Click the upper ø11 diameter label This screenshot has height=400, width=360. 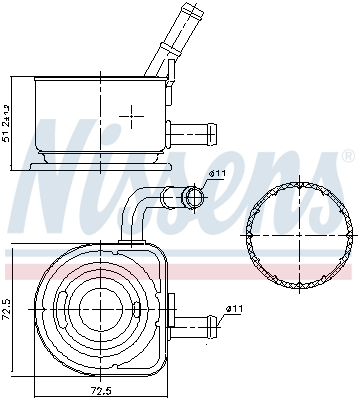(x=217, y=175)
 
